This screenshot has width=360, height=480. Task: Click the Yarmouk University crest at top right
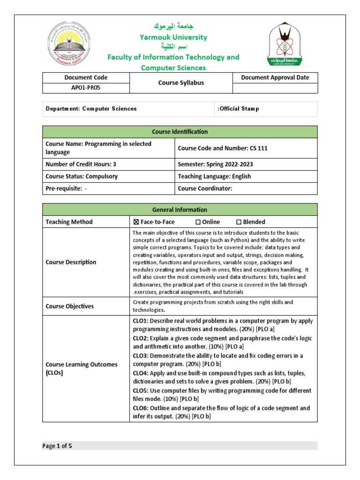285,45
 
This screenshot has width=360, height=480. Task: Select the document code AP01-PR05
86,88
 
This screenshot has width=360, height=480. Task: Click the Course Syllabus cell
180,83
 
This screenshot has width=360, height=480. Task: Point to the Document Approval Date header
275,77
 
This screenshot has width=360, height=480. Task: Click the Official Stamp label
239,109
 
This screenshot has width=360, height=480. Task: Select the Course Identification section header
180,132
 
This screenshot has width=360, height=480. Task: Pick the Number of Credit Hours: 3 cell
81,164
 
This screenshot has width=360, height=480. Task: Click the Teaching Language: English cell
214,177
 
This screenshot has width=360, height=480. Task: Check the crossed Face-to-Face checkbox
136,222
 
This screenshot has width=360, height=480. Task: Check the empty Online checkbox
198,222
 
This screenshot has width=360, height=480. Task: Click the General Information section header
180,210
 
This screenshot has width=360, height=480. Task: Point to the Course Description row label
71,262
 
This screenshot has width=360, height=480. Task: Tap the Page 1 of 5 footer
58,446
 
